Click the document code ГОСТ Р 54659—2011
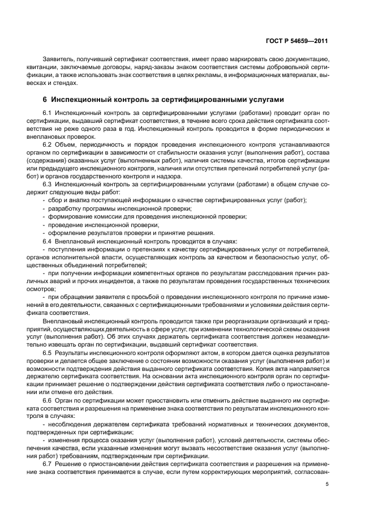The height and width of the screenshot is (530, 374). coord(298,41)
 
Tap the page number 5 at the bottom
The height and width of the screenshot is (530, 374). coord(327,484)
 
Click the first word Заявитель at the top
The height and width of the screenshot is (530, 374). coord(57,59)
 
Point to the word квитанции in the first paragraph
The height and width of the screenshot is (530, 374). coord(46,67)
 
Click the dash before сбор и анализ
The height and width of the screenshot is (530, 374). coord(44,200)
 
